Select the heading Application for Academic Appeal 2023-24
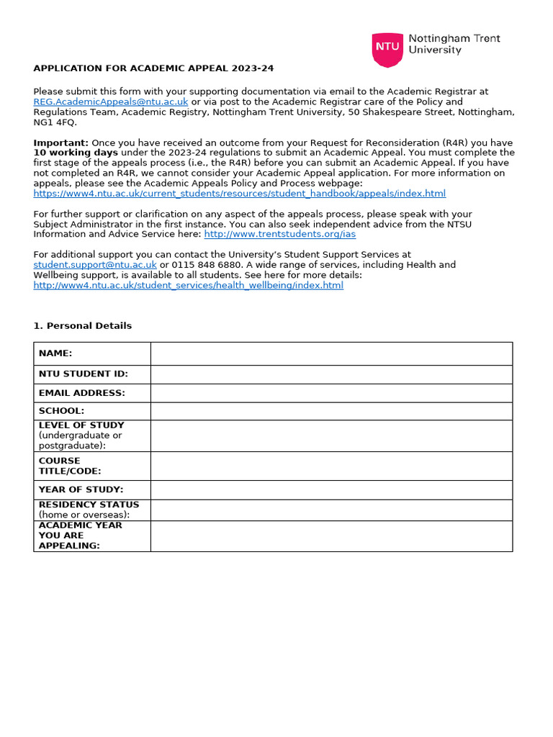click(x=153, y=68)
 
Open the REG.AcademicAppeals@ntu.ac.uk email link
click(x=111, y=102)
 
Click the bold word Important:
click(x=60, y=143)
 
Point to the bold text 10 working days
click(x=76, y=153)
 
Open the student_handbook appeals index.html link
click(x=239, y=194)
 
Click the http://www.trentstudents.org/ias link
click(x=279, y=234)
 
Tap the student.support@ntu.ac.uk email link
click(x=95, y=265)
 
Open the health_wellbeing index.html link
click(x=188, y=285)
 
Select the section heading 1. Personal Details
click(x=82, y=325)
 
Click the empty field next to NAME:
click(x=331, y=353)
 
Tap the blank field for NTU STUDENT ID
click(x=331, y=374)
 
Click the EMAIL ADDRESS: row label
click(x=81, y=393)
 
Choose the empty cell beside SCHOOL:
click(x=331, y=411)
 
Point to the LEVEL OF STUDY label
click(x=81, y=425)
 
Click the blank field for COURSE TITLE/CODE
click(x=331, y=466)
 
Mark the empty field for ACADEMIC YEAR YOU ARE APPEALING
click(x=331, y=535)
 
